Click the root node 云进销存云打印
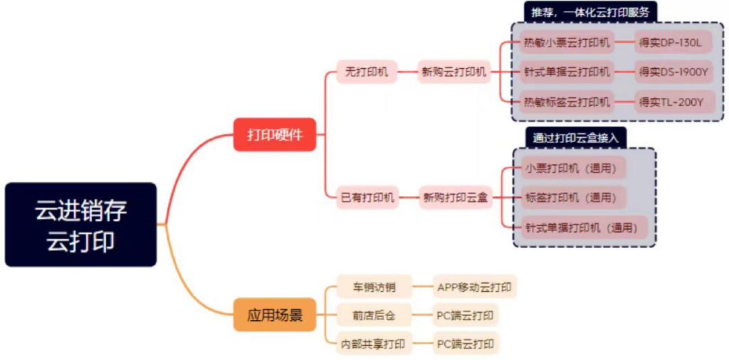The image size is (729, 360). [81, 224]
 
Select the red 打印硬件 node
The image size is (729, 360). [275, 134]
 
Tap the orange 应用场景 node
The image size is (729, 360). [275, 315]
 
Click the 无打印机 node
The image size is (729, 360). [367, 72]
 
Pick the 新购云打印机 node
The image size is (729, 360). [454, 72]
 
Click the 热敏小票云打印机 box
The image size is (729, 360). [566, 43]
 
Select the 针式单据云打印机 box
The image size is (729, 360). [566, 72]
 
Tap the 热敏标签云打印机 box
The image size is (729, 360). [566, 102]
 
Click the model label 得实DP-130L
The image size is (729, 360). [672, 43]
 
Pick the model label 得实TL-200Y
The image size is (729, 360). [672, 102]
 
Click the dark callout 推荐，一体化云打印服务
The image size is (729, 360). [591, 11]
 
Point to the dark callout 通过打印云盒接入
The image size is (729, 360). [576, 138]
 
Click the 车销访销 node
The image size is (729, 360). [374, 287]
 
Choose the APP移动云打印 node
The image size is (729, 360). [475, 287]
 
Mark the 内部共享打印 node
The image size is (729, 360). [374, 344]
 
